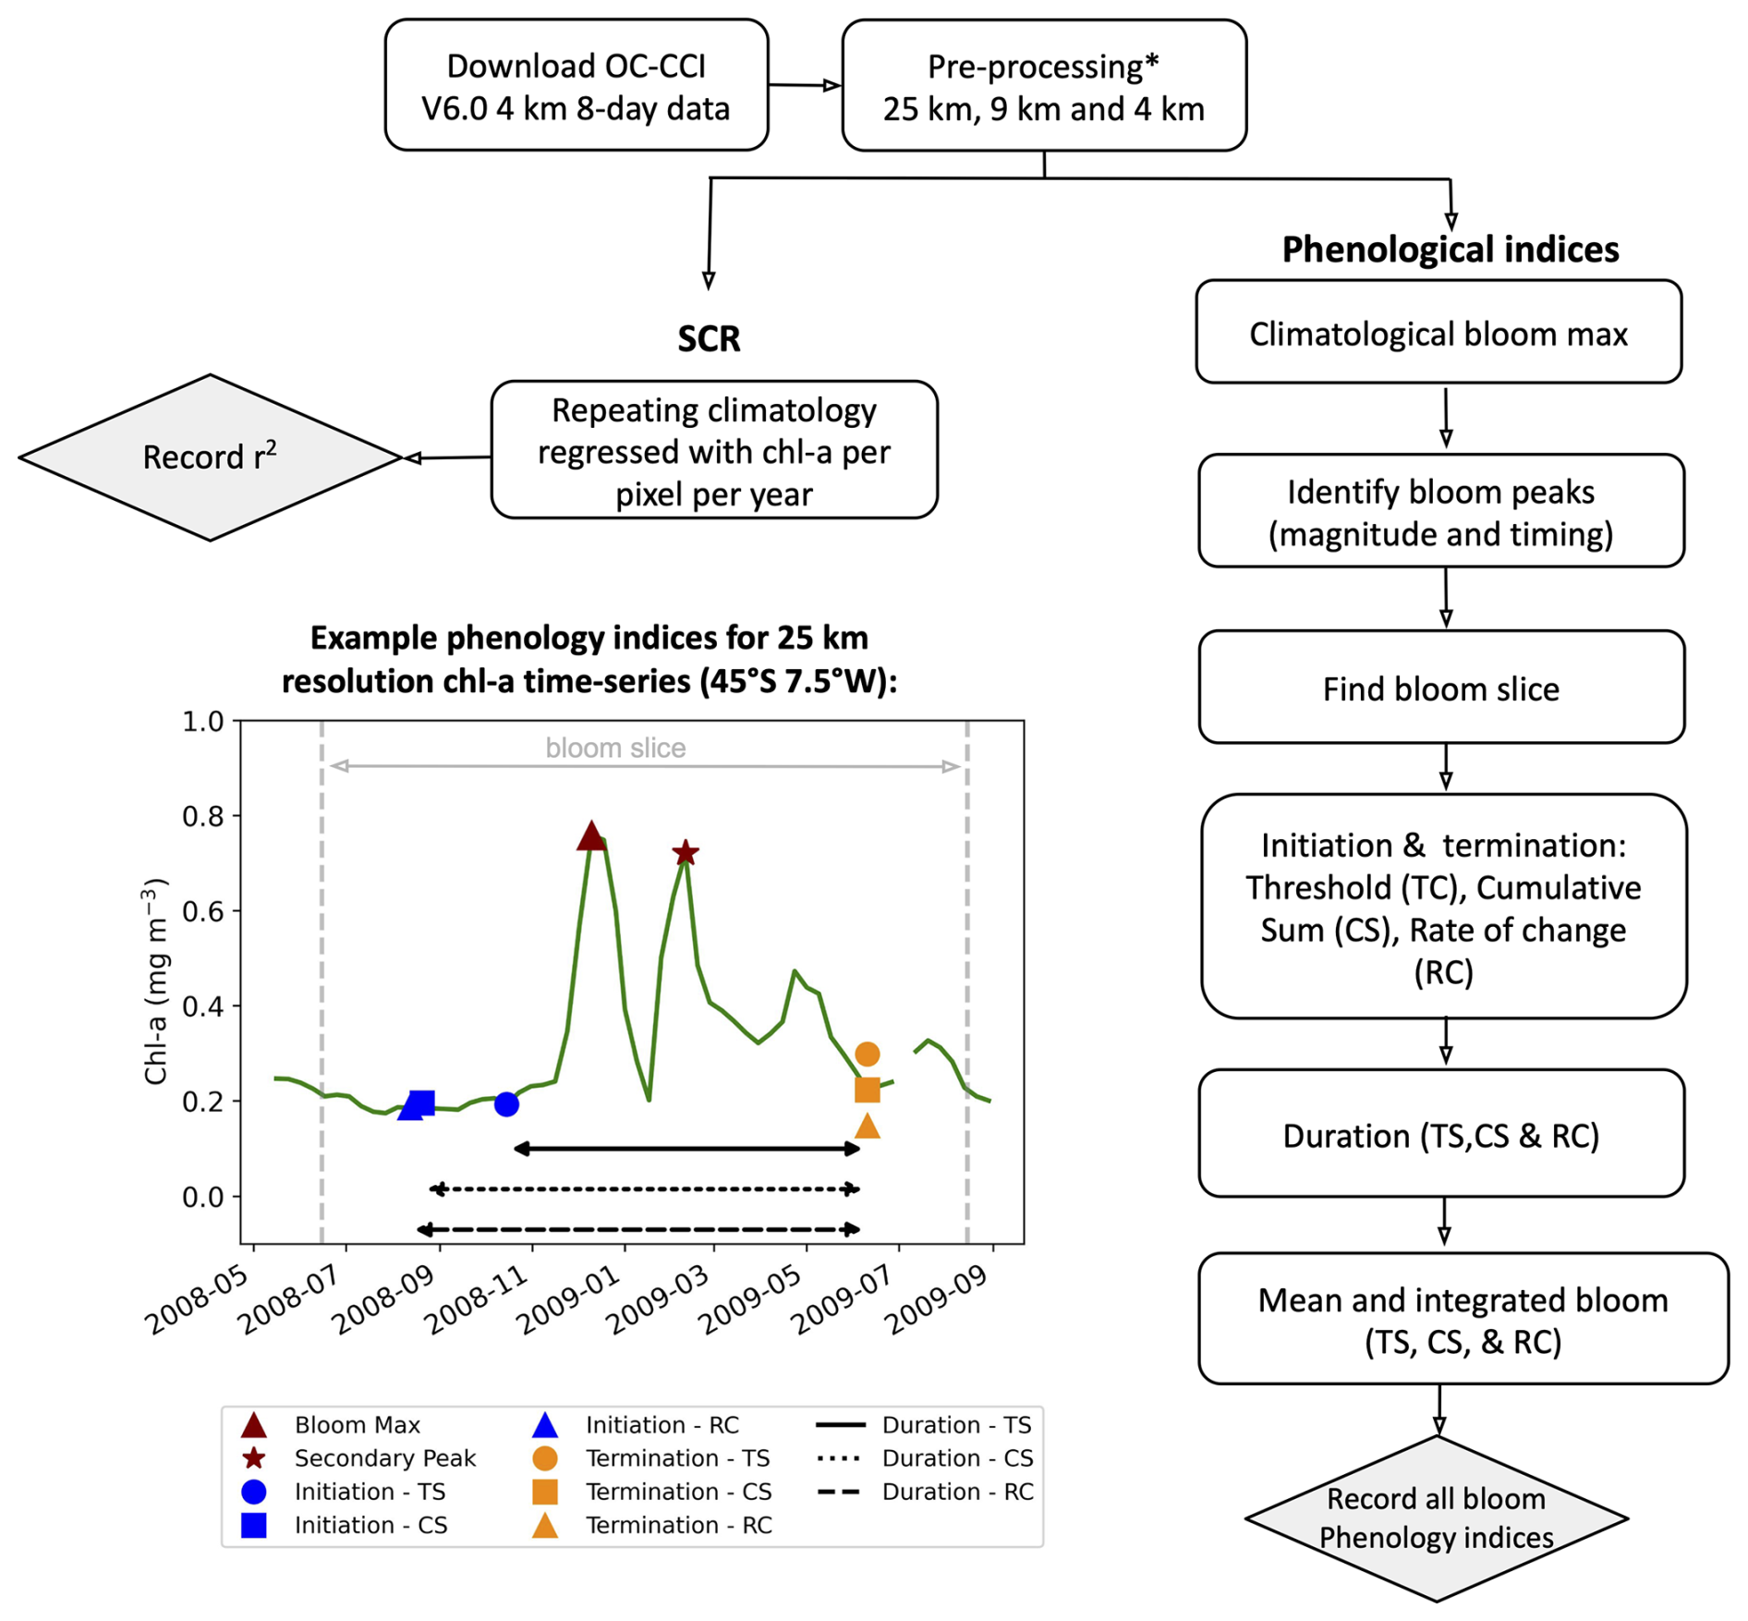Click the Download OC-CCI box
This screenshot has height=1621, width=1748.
tap(576, 85)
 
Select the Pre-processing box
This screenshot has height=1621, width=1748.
tap(1044, 85)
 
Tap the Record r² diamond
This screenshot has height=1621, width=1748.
tap(211, 457)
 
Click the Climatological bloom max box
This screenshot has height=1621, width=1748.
tap(1438, 332)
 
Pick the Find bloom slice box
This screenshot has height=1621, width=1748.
tap(1441, 687)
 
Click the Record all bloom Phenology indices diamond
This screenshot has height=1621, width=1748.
tap(1437, 1517)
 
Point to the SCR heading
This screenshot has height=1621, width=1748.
tap(709, 338)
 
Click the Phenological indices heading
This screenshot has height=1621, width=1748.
tap(1451, 250)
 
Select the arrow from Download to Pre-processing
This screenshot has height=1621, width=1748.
tap(805, 85)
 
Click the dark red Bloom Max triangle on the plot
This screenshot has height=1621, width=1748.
tap(590, 835)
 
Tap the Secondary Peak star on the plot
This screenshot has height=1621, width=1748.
tap(685, 852)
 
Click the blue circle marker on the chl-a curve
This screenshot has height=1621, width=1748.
tap(506, 1103)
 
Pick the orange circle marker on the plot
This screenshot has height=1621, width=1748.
tap(867, 1054)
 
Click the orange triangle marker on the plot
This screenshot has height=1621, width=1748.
tap(867, 1126)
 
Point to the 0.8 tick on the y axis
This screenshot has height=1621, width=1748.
tap(203, 816)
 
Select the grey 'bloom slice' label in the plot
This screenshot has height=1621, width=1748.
tap(615, 748)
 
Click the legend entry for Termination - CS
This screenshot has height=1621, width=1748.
tap(652, 1492)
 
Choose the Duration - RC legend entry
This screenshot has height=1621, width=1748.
tap(926, 1492)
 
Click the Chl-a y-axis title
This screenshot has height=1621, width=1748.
tap(155, 981)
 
